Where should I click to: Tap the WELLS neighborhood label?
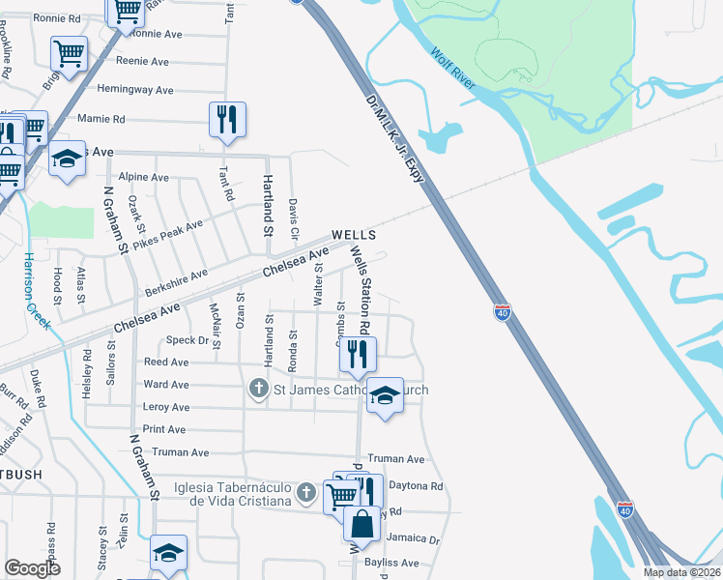pyautogui.click(x=352, y=235)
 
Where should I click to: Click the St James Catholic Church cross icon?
pyautogui.click(x=258, y=390)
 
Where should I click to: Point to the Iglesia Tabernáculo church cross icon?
pyautogui.click(x=306, y=493)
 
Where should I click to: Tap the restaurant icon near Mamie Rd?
pyautogui.click(x=227, y=120)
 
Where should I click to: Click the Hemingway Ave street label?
pyautogui.click(x=135, y=90)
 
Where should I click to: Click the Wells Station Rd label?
pyautogui.click(x=361, y=289)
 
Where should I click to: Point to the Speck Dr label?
pyautogui.click(x=188, y=340)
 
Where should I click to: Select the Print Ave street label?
pyautogui.click(x=165, y=429)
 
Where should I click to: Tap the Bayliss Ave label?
pyautogui.click(x=391, y=563)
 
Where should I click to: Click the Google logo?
pyautogui.click(x=32, y=568)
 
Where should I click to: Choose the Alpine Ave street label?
pyautogui.click(x=143, y=178)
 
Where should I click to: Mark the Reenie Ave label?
pyautogui.click(x=143, y=61)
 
